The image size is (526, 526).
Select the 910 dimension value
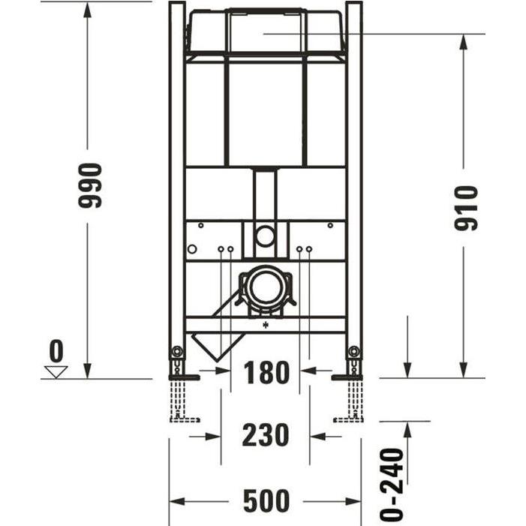[x=467, y=208]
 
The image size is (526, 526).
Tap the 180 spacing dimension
[x=266, y=372]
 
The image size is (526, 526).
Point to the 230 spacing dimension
[x=266, y=434]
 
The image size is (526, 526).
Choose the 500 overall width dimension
[x=266, y=501]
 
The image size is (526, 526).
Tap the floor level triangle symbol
[x=56, y=371]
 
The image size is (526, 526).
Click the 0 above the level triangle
[x=56, y=350]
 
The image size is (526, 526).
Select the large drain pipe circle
[x=263, y=288]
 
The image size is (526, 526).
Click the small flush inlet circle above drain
[x=264, y=237]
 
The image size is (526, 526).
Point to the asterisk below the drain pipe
[x=265, y=326]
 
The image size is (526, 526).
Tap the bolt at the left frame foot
[x=176, y=351]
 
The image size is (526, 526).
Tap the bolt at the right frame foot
[x=353, y=351]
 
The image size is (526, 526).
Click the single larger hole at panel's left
[x=192, y=249]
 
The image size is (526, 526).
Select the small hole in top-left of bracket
[x=200, y=225]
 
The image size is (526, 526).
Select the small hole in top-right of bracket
[x=329, y=225]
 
